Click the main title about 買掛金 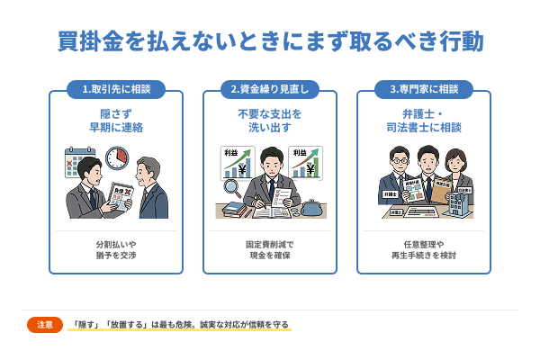pyautogui.click(x=270, y=41)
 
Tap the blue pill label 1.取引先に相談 pyautogui.click(x=115, y=89)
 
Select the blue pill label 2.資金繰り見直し pyautogui.click(x=270, y=89)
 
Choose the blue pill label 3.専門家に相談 pyautogui.click(x=424, y=89)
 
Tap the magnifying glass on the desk pyautogui.click(x=231, y=190)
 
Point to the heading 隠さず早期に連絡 pyautogui.click(x=115, y=121)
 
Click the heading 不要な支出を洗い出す pyautogui.click(x=270, y=121)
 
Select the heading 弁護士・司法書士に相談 pyautogui.click(x=424, y=121)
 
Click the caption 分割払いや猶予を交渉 pyautogui.click(x=115, y=249)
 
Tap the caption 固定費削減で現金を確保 pyautogui.click(x=270, y=249)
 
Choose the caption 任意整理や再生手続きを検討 pyautogui.click(x=424, y=249)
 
